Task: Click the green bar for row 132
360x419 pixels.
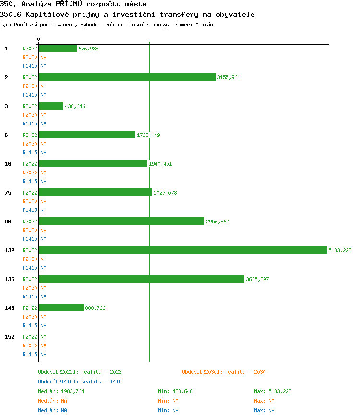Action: pos(183,250)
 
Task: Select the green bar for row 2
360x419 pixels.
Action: pos(127,77)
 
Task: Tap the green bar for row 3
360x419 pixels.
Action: pos(51,106)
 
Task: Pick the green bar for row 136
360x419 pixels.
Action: pos(142,279)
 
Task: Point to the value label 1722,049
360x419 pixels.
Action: pos(149,135)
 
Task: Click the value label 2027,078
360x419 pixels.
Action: pos(165,193)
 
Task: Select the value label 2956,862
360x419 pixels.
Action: pos(217,222)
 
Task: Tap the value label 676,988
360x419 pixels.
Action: pos(88,49)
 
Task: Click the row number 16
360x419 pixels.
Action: pos(8,164)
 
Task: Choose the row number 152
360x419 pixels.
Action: pos(10,337)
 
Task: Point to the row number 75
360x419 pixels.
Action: pos(8,193)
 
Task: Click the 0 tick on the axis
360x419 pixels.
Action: pos(39,39)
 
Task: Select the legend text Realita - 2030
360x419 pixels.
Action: pos(245,372)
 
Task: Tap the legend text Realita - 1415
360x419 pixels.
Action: pos(101,382)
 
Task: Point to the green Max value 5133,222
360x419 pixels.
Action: pos(280,391)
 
